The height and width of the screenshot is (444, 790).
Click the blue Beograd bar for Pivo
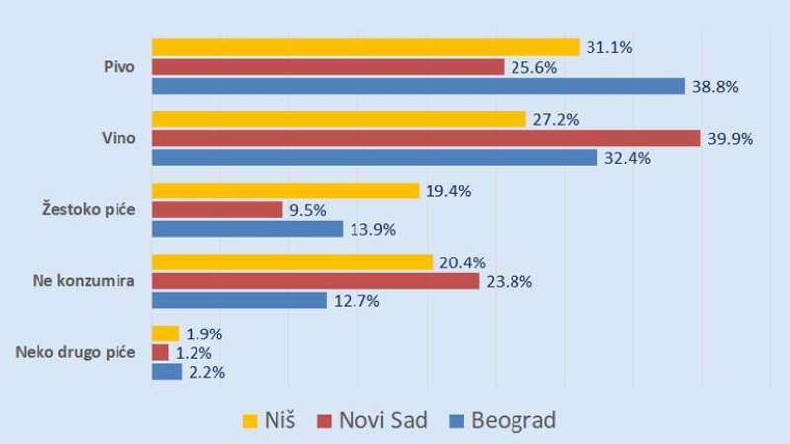418,87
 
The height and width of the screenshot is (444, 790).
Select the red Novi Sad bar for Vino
426,139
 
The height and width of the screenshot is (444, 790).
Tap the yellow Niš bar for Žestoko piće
285,190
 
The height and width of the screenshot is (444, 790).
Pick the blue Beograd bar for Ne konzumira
239,300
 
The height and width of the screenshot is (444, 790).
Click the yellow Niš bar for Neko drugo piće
165,333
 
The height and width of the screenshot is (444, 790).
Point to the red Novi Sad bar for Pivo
328,67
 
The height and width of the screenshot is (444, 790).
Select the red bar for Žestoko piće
217,210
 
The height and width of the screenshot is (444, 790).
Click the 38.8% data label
717,87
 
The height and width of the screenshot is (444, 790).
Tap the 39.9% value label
731,139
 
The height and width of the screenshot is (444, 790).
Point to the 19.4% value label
449,190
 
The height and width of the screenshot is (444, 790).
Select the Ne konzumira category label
85,281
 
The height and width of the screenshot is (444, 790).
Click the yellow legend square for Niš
251,421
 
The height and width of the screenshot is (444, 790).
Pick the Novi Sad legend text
382,421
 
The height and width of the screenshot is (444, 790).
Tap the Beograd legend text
513,421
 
